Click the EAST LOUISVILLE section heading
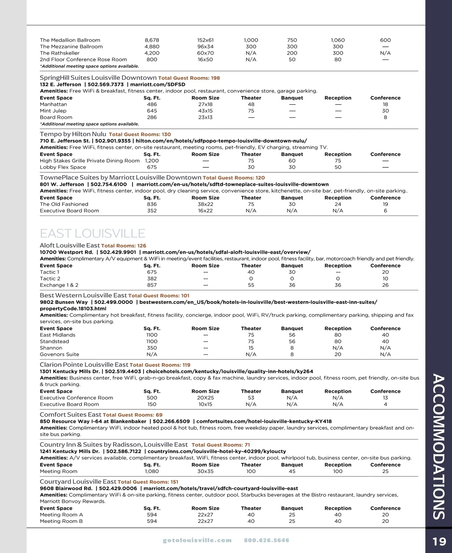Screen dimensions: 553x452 pyautogui.click(x=92, y=233)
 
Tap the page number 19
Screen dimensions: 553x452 pyautogui.click(x=439, y=541)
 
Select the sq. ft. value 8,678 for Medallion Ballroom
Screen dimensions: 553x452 pyautogui.click(x=152, y=40)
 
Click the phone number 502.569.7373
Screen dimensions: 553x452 pyautogui.click(x=105, y=84)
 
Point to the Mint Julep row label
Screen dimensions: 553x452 pyautogui.click(x=53, y=111)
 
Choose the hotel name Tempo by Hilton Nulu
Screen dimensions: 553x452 pyautogui.click(x=73, y=134)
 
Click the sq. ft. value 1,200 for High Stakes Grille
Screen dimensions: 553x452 pyautogui.click(x=152, y=161)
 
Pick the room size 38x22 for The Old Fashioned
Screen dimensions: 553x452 pyautogui.click(x=205, y=204)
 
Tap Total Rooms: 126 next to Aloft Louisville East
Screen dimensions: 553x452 pyautogui.click(x=124, y=246)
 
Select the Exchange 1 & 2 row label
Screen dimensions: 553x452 pyautogui.click(x=59, y=285)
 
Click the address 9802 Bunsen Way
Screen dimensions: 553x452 pyautogui.click(x=64, y=302)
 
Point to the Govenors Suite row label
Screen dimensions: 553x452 pyautogui.click(x=60, y=354)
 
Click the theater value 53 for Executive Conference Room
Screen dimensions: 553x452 pyautogui.click(x=251, y=398)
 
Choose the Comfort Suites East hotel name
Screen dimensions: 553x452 pyautogui.click(x=70, y=415)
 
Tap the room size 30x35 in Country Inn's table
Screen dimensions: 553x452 pyautogui.click(x=205, y=471)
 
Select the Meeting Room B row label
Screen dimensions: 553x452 pyautogui.click(x=61, y=521)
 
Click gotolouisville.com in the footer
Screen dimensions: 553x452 pyautogui.click(x=197, y=540)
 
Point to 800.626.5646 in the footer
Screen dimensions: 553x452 pyautogui.click(x=267, y=540)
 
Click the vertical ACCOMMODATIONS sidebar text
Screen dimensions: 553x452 pyautogui.click(x=438, y=447)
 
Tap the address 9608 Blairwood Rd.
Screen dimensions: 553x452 pyautogui.click(x=66, y=488)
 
